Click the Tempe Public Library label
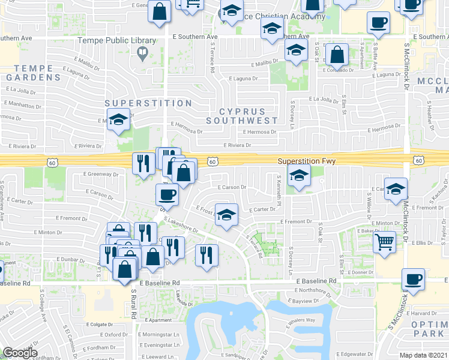(x=117, y=41)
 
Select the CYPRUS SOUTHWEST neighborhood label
(x=242, y=116)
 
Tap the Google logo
(x=20, y=353)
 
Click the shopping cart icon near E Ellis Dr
(x=385, y=242)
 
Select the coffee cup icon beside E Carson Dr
(x=167, y=194)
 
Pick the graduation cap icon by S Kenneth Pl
(x=298, y=176)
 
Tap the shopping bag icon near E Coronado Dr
(x=337, y=55)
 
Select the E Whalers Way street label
(x=301, y=320)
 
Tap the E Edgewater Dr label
(x=356, y=354)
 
